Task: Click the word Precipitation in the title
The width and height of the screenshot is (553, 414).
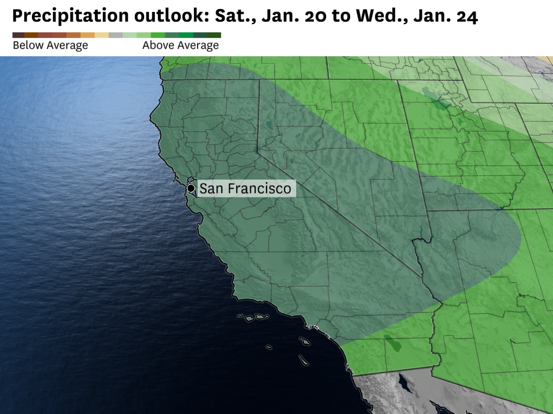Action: tap(70, 16)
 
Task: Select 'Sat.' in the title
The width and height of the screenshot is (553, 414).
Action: tap(234, 16)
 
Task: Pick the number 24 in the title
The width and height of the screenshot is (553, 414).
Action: tap(467, 16)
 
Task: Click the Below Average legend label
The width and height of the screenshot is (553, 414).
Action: tap(50, 46)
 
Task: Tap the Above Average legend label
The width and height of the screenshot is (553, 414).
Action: tap(180, 46)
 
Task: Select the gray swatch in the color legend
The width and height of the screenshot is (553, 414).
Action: tap(116, 35)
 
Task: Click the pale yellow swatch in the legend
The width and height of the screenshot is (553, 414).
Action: tap(102, 35)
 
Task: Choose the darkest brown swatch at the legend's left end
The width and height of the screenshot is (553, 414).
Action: tap(18, 35)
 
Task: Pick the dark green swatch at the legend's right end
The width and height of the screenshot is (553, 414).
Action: tap(214, 35)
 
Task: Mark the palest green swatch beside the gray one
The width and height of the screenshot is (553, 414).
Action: tap(130, 35)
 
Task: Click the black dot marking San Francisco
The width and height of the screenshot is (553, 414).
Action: tap(191, 188)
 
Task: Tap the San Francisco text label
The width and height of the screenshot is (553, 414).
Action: tap(245, 188)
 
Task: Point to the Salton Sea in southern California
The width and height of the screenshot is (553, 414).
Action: tap(392, 343)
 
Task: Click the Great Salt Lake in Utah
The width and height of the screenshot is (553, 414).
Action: tap(438, 100)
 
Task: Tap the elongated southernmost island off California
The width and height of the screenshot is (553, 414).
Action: tap(303, 360)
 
